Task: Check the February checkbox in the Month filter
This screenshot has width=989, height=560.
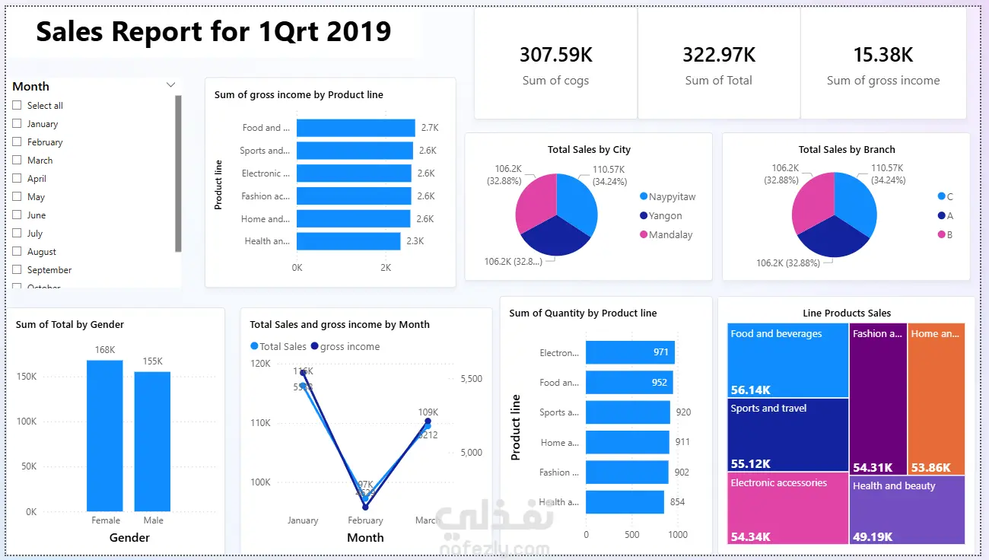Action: (x=17, y=142)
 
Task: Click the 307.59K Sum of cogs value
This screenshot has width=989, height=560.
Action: (x=555, y=55)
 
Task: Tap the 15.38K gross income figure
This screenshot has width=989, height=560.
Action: (x=882, y=55)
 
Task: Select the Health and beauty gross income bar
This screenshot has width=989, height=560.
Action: (x=348, y=241)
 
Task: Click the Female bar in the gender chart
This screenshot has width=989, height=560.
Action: (x=105, y=435)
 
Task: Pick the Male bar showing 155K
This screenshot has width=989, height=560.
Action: (x=152, y=441)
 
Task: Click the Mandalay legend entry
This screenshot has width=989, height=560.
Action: (x=669, y=235)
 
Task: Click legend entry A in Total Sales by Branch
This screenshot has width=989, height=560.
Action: (x=949, y=215)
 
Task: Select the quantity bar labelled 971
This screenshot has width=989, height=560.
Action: (x=630, y=352)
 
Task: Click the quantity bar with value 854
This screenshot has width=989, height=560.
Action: (x=625, y=502)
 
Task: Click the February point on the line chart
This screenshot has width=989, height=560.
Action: (x=365, y=507)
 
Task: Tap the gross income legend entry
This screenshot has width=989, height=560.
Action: (x=349, y=346)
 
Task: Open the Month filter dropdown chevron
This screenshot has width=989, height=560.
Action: (x=170, y=85)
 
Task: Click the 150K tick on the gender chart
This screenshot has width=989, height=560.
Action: (x=26, y=377)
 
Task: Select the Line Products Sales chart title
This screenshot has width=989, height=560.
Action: (x=847, y=313)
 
